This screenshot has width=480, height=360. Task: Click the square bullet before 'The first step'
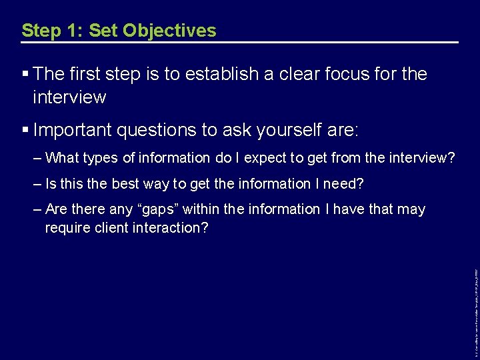pyautogui.click(x=25, y=74)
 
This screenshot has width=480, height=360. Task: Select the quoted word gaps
pyautogui.click(x=157, y=209)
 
